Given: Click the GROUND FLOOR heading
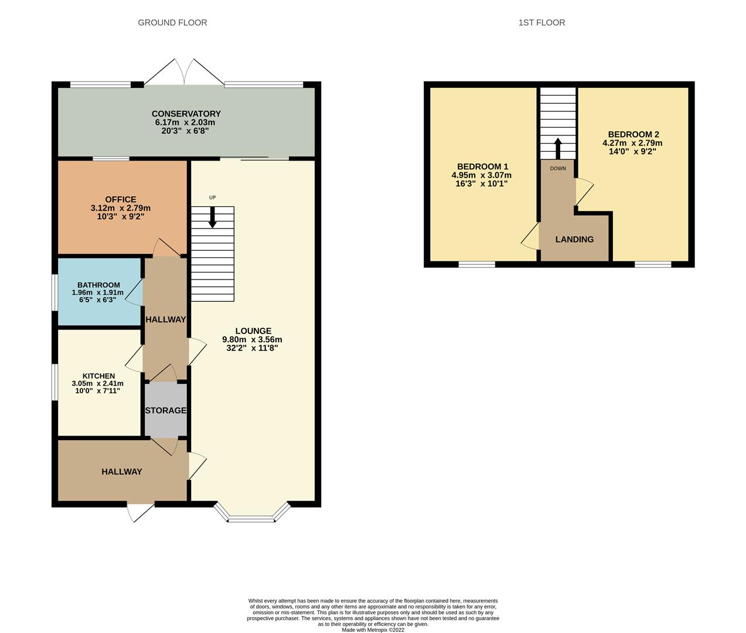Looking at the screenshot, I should point(172,23).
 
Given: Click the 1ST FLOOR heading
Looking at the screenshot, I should point(541,23).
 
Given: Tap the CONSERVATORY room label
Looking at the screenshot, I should point(186,114).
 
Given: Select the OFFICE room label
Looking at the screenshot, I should point(121,200).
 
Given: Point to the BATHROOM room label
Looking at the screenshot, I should point(98,285).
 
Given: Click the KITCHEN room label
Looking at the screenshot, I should point(98,376).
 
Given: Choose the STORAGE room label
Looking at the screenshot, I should point(166,410).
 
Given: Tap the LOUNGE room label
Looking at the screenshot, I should point(253,331).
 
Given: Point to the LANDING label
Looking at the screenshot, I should point(574,239).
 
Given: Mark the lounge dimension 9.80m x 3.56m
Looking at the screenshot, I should point(252,339).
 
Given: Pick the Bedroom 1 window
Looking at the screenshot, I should point(476,265).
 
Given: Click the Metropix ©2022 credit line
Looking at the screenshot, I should point(373,630).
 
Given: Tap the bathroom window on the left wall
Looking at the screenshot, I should point(54,292).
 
